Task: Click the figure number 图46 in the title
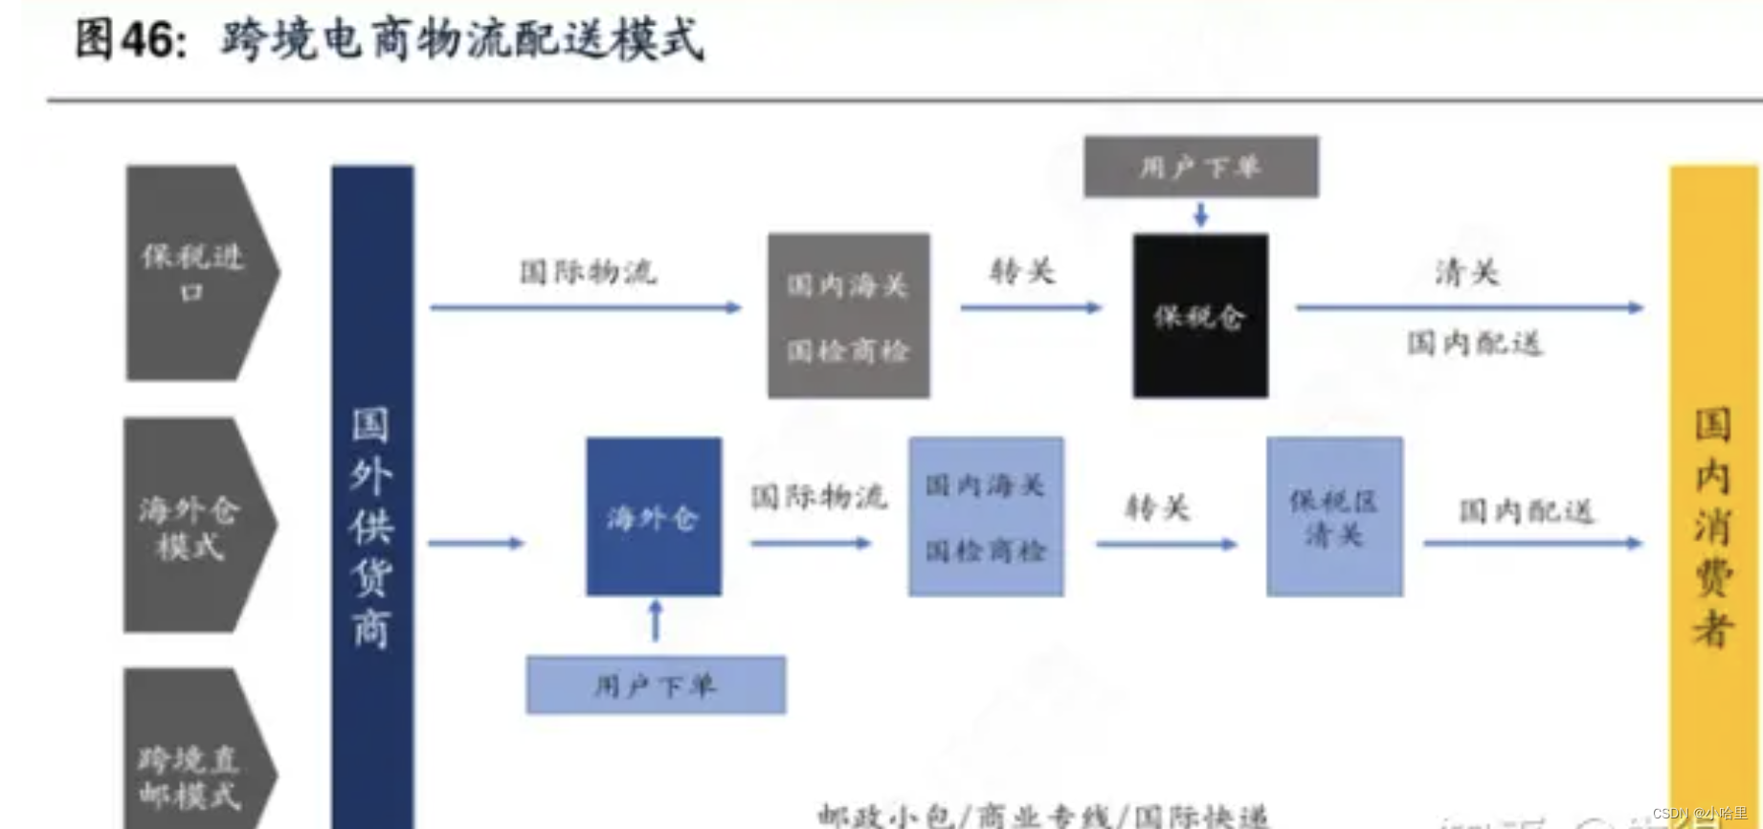(x=130, y=40)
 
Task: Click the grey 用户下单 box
(x=1200, y=168)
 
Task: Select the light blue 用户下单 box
(x=656, y=685)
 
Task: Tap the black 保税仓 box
(x=1200, y=316)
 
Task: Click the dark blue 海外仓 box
(x=654, y=517)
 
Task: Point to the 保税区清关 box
(x=1334, y=517)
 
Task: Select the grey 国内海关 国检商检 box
(x=848, y=316)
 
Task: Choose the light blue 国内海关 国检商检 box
(x=986, y=517)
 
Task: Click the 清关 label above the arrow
(x=1466, y=273)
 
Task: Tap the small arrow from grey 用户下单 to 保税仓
(x=1200, y=214)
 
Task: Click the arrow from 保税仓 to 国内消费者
(x=1469, y=308)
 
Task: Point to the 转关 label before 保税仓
(x=1022, y=272)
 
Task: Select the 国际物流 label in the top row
(x=588, y=272)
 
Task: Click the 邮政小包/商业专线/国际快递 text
(x=1043, y=816)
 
